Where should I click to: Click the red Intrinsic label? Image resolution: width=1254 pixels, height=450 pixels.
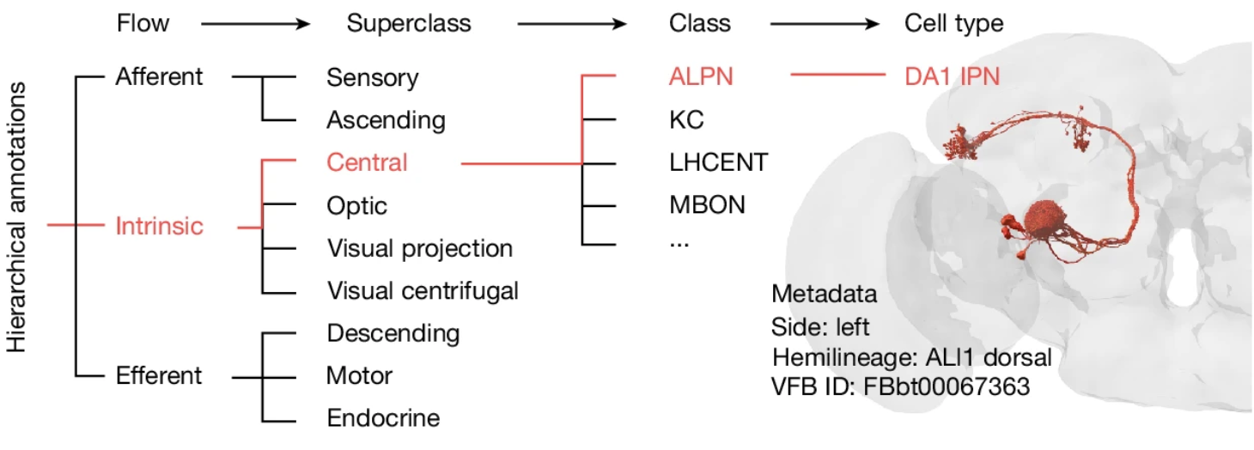click(x=160, y=227)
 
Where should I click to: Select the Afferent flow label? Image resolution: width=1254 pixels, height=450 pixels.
click(x=160, y=76)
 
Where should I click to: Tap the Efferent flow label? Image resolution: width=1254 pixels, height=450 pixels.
click(x=160, y=375)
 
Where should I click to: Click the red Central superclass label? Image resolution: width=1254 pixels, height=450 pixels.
click(x=367, y=161)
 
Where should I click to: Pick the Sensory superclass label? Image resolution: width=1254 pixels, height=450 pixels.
click(x=373, y=78)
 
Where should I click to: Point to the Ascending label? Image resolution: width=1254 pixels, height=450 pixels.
click(x=386, y=120)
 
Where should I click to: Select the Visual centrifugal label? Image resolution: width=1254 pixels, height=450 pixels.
click(x=423, y=291)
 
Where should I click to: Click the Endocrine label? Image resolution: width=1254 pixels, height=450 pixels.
click(x=383, y=418)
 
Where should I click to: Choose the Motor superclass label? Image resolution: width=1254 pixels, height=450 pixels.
click(x=359, y=375)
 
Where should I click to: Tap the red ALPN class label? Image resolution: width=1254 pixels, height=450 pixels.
click(x=702, y=77)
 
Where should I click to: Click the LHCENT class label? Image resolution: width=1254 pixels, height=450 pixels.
click(x=718, y=162)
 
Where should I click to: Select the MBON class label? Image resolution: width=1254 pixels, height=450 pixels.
click(x=707, y=205)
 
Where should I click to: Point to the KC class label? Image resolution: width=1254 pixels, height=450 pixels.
click(x=686, y=120)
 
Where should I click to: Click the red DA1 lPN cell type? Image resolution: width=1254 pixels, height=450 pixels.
click(x=952, y=77)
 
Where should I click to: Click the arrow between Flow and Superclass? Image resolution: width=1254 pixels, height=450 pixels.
click(x=255, y=24)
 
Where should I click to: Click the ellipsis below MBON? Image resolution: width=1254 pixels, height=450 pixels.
click(x=679, y=243)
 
